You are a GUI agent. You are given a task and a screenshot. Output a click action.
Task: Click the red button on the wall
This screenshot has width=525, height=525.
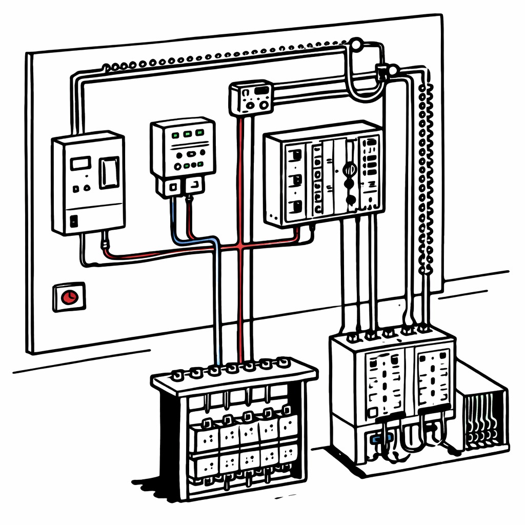pyautogui.click(x=68, y=297)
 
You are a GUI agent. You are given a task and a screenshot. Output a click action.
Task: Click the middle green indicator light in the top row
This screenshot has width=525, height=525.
pyautogui.click(x=187, y=134)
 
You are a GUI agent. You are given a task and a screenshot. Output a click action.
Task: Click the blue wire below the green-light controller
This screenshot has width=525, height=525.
pyautogui.click(x=177, y=220)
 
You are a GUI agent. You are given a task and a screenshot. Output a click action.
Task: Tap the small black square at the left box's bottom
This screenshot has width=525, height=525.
pyautogui.click(x=74, y=221)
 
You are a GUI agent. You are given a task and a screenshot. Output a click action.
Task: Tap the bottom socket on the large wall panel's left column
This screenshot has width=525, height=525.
pyautogui.click(x=296, y=208)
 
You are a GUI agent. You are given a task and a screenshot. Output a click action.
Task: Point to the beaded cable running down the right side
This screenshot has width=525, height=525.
pyautogui.click(x=426, y=179)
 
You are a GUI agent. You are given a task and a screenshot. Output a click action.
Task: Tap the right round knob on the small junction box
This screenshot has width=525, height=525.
pyautogui.click(x=265, y=106)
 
